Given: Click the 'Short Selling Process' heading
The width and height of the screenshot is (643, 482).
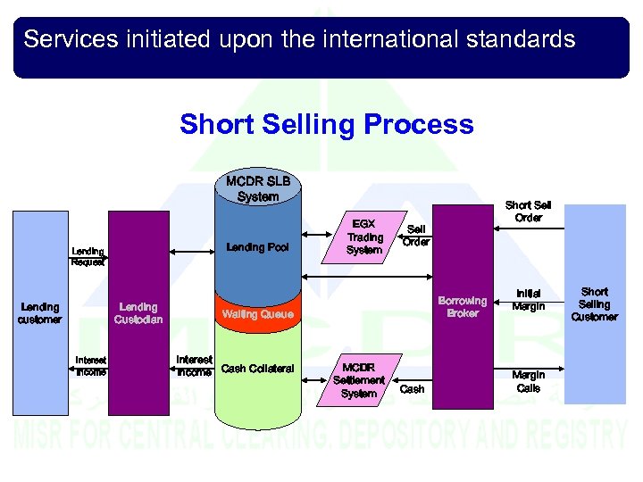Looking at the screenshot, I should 326,124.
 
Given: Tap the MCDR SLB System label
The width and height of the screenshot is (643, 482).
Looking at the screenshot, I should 258,189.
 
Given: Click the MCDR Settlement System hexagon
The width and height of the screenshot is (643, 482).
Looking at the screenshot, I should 359,380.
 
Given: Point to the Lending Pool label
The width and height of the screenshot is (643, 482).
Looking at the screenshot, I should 258,247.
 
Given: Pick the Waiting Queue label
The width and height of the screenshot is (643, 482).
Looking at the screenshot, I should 257,314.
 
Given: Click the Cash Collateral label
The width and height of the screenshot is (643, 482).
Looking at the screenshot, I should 257,369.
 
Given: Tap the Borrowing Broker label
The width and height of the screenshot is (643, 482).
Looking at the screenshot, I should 463,307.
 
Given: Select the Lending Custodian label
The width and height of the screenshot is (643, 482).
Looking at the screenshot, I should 138,312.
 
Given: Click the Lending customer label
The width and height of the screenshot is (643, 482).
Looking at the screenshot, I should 40,312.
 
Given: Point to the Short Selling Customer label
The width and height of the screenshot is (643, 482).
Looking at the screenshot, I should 594,304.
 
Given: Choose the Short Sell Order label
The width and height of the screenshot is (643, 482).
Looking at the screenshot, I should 528,212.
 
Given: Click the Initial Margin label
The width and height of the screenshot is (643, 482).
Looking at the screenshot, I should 528,301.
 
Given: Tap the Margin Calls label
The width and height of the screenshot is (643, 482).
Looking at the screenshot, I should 528,381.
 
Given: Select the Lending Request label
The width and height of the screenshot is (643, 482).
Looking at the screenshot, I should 88,257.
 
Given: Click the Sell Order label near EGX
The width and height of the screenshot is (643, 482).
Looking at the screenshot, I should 415,236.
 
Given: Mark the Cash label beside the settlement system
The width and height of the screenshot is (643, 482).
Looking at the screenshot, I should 412,389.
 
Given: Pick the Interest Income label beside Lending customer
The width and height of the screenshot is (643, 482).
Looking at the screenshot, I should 91,366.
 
